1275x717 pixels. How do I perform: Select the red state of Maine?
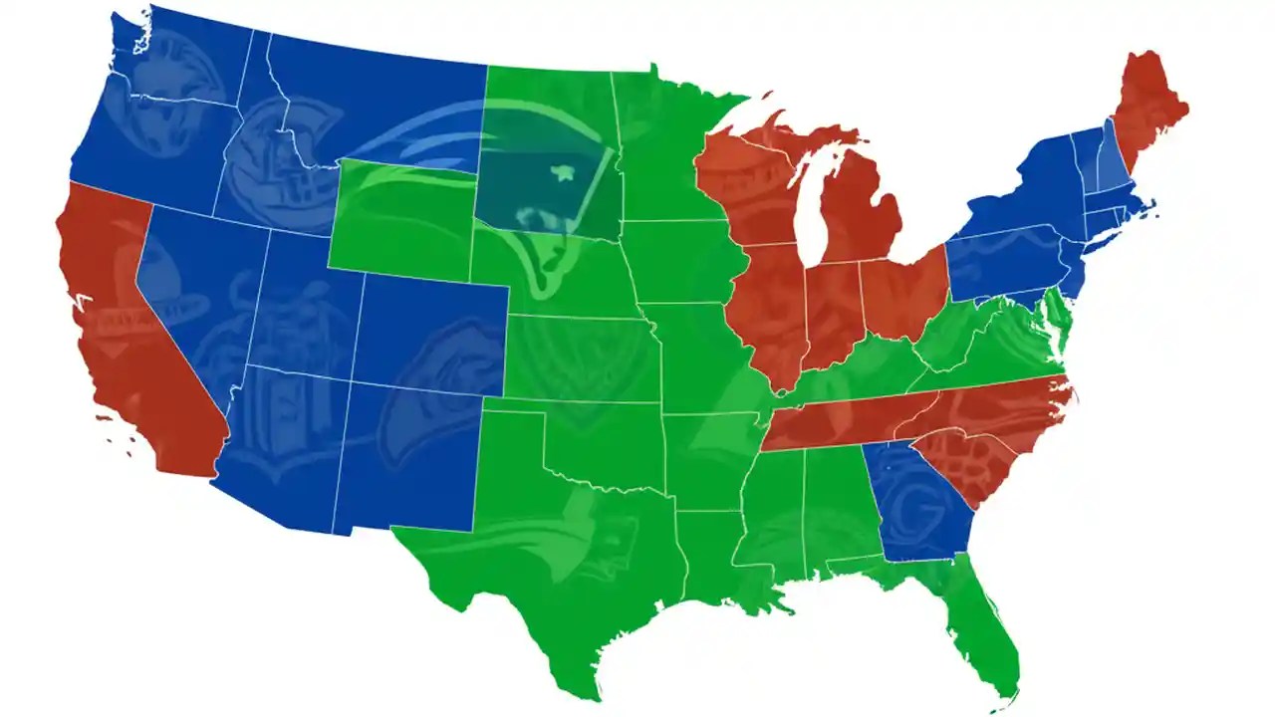[1146, 110]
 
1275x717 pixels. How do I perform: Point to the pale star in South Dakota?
[564, 174]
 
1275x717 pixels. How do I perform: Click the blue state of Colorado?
[428, 329]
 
